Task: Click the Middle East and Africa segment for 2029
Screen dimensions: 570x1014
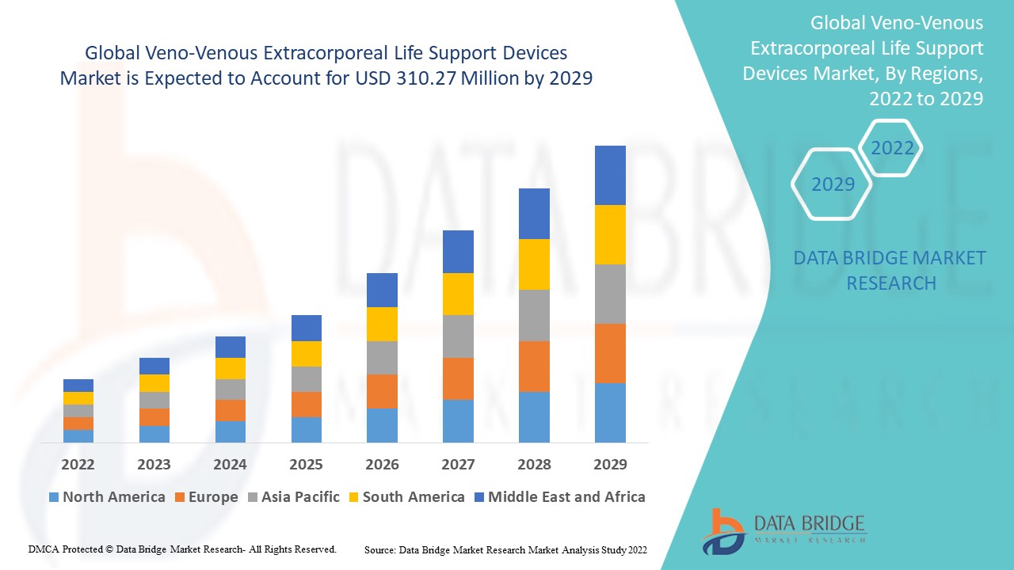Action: coord(610,175)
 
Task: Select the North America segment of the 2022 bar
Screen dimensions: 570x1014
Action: coord(78,435)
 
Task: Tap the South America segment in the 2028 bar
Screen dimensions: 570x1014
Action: coord(534,264)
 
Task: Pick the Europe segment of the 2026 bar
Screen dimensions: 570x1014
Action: coord(382,391)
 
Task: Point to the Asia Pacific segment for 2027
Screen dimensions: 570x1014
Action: coord(458,336)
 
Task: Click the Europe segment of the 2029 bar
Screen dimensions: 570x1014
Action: coord(610,353)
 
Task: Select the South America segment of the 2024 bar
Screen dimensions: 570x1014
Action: coord(231,368)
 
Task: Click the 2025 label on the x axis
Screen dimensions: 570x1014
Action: coord(307,464)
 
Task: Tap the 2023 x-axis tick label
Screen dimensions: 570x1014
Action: coord(154,464)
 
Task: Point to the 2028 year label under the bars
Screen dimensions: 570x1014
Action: coord(534,464)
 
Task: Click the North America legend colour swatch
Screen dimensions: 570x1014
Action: coord(54,497)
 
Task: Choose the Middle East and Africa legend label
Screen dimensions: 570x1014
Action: coord(566,497)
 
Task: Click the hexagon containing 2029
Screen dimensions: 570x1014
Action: coord(833,184)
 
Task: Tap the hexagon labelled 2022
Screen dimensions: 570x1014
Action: coord(892,148)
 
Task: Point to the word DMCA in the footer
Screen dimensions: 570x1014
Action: coord(44,549)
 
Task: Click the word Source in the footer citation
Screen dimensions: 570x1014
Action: coord(379,549)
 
